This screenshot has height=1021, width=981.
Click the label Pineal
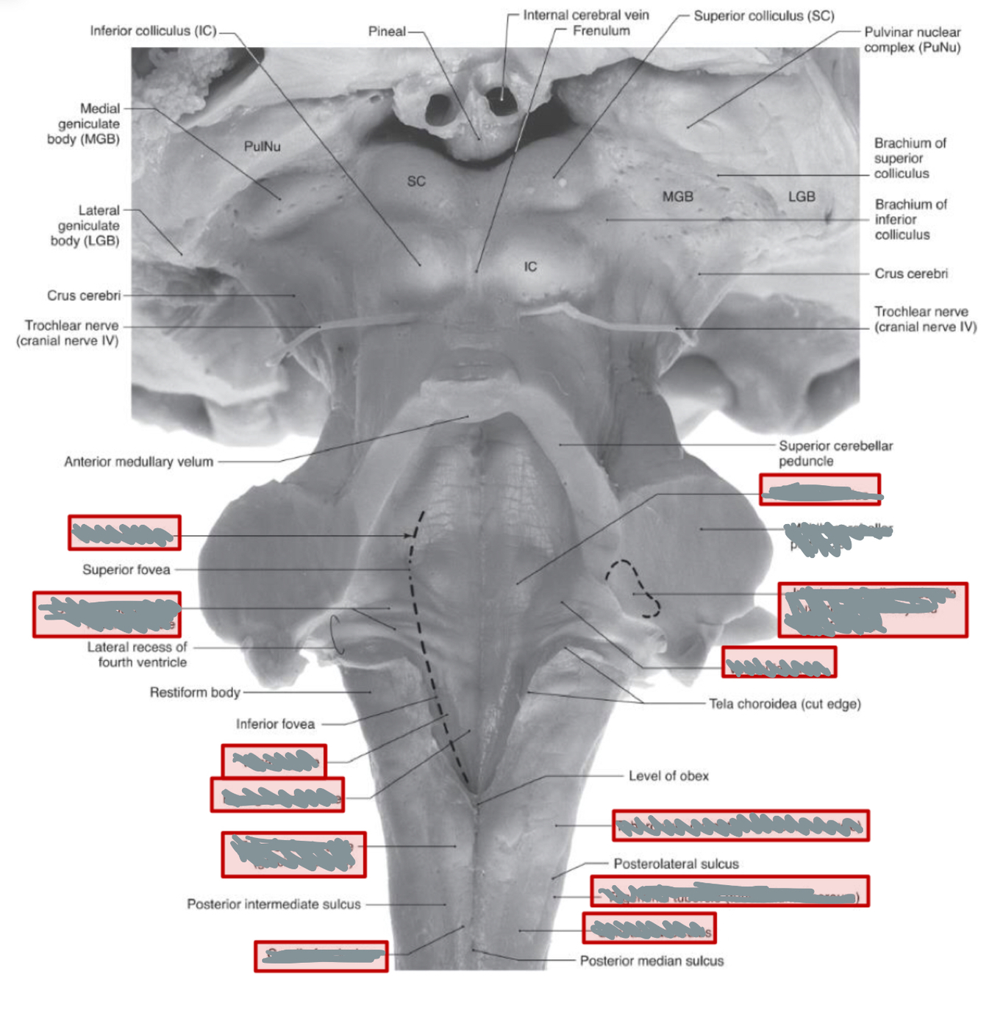[x=387, y=32]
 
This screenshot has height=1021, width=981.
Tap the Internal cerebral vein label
[x=585, y=15]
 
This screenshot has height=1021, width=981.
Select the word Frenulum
[x=601, y=31]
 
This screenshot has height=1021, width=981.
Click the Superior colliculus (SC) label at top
[x=763, y=15]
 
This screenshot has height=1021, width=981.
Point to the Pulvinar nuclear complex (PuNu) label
[x=912, y=40]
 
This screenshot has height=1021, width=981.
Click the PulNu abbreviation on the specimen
[x=262, y=146]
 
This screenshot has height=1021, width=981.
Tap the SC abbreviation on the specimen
[x=416, y=181]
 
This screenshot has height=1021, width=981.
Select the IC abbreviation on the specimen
[x=530, y=266]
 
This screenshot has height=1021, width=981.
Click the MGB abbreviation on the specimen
[x=677, y=196]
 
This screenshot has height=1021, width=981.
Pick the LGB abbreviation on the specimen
[x=802, y=196]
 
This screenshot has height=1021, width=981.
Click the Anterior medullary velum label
[x=138, y=462]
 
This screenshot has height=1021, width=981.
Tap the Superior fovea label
[x=126, y=570]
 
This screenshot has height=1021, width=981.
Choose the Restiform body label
[x=195, y=692]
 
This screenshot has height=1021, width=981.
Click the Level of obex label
[x=668, y=775]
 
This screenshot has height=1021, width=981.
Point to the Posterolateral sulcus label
[x=676, y=864]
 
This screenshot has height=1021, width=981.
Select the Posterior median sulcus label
[x=652, y=961]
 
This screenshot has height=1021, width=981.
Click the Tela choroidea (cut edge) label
[x=785, y=703]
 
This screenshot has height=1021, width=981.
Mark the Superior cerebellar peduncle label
[x=835, y=453]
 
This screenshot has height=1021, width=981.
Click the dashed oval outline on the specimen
[x=634, y=588]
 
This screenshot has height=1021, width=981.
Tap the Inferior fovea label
[x=275, y=724]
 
